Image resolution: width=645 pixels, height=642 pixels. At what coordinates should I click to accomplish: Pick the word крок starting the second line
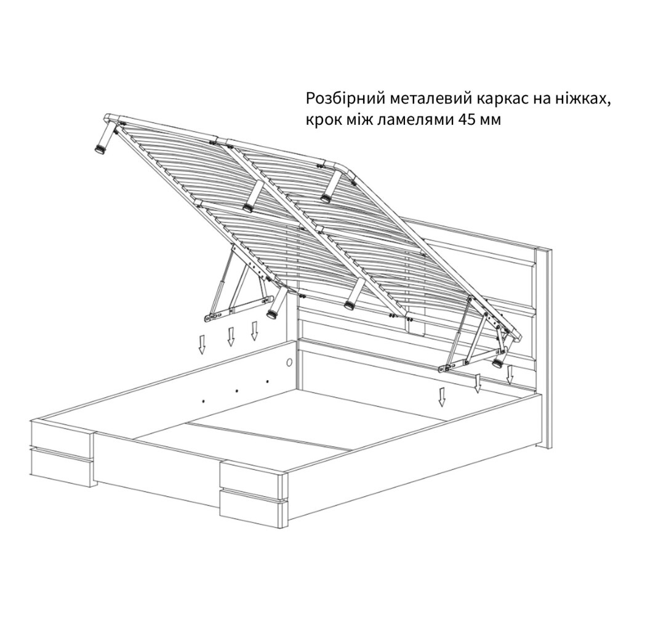pyautogui.click(x=322, y=121)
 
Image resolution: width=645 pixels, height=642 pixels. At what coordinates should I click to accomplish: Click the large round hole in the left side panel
pyautogui.click(x=289, y=363)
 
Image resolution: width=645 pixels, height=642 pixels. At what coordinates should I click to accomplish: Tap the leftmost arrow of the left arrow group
pyautogui.click(x=202, y=344)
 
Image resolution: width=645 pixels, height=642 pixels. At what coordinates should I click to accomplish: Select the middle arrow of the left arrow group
pyautogui.click(x=231, y=336)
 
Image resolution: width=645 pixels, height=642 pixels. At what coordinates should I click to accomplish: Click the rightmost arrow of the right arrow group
pyautogui.click(x=510, y=374)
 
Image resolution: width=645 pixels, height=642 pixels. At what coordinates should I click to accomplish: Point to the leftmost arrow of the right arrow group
pyautogui.click(x=442, y=397)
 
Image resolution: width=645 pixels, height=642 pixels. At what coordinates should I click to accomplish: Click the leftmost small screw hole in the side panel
pyautogui.click(x=204, y=399)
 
